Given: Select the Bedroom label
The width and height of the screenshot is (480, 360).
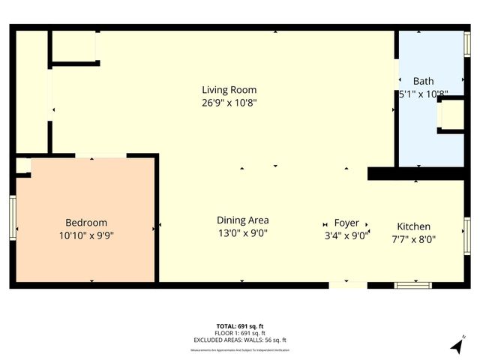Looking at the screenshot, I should pos(86,222).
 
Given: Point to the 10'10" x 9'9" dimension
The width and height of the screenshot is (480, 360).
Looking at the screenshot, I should pos(86,235).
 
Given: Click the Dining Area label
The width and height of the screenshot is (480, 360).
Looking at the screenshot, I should pos(242,220).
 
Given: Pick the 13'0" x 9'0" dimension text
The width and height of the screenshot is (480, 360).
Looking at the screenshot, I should pos(242,232).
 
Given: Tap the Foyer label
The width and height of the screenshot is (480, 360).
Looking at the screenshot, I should pos(346,223).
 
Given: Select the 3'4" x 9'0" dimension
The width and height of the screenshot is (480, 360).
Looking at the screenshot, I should pos(346,235).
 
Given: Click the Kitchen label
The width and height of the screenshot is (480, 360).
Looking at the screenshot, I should pos(413,226).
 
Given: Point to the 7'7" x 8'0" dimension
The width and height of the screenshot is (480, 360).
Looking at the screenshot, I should pos(413,239).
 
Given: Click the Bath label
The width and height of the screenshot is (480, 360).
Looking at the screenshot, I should pos(424,81).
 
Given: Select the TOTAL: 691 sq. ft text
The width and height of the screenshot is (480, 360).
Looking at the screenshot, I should pos(239,326).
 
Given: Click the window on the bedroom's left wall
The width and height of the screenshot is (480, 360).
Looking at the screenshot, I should pos(13,218).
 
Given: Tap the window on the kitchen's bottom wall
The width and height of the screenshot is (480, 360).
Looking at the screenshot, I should pos(413,284).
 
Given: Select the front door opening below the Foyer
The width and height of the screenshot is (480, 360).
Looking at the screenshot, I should pos(348,284).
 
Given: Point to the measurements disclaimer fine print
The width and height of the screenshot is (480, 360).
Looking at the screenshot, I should pos(239,349).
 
